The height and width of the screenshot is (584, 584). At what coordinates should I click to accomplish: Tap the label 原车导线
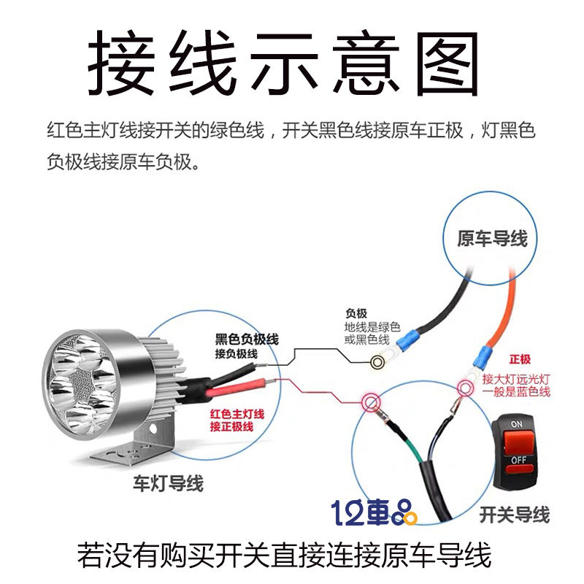point(491,239)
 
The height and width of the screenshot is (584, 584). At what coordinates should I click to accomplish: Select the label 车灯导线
point(168,483)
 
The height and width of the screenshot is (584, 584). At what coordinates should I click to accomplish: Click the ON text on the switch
point(517,423)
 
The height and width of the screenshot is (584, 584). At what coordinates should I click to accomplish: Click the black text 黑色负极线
point(247,339)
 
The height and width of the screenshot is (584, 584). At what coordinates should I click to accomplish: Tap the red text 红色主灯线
point(237,414)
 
